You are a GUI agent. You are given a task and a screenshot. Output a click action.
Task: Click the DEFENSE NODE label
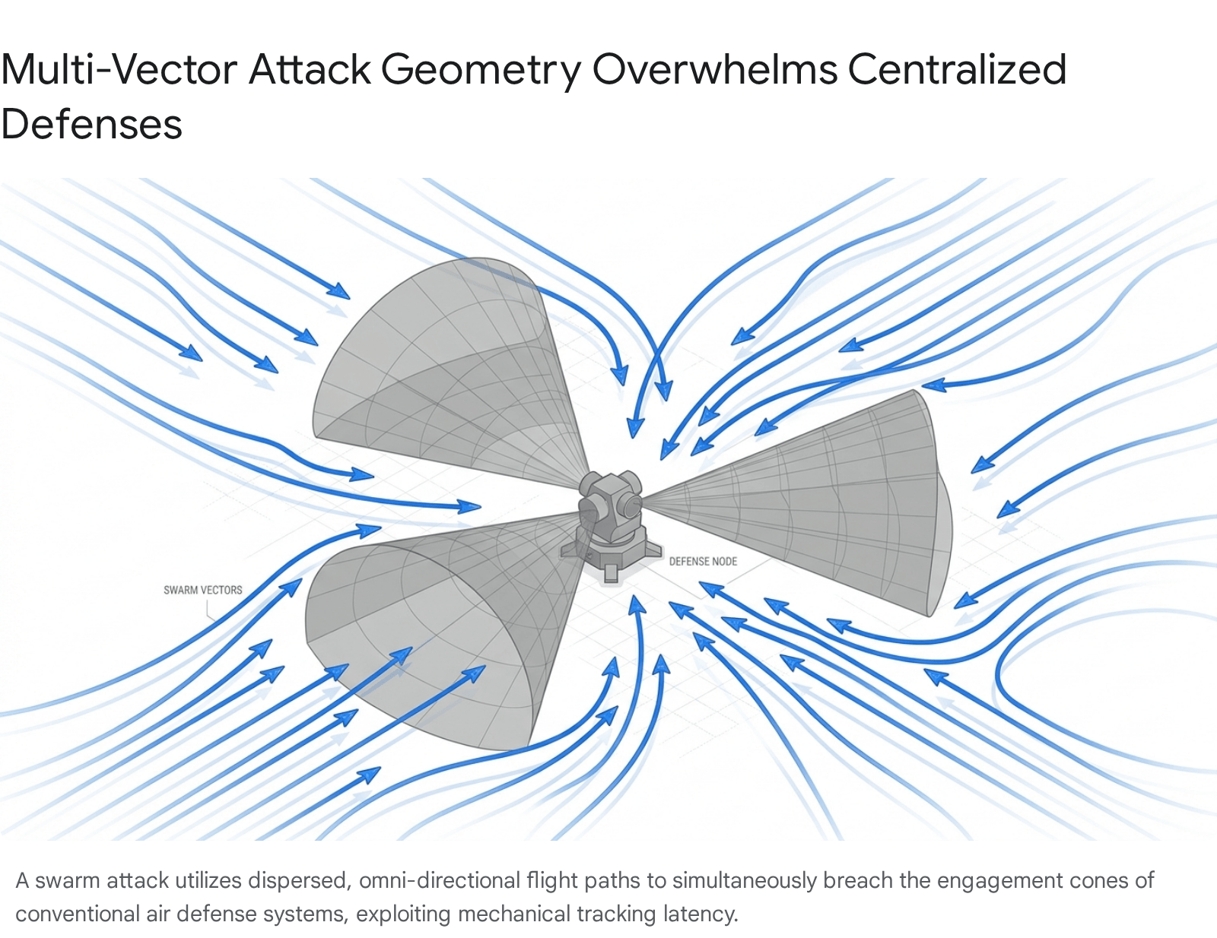click(703, 561)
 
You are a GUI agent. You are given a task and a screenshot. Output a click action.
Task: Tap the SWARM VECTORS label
click(203, 590)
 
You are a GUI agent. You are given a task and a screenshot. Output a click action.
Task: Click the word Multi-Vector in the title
click(119, 69)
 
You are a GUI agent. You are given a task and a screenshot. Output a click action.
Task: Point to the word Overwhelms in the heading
click(715, 69)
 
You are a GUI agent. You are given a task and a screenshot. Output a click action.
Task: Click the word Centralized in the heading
click(957, 69)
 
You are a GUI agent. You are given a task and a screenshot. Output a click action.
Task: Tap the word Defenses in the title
click(91, 124)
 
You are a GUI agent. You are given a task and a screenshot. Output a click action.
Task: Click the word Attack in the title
click(309, 69)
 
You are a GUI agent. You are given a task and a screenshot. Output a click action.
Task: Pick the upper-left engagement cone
click(448, 375)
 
